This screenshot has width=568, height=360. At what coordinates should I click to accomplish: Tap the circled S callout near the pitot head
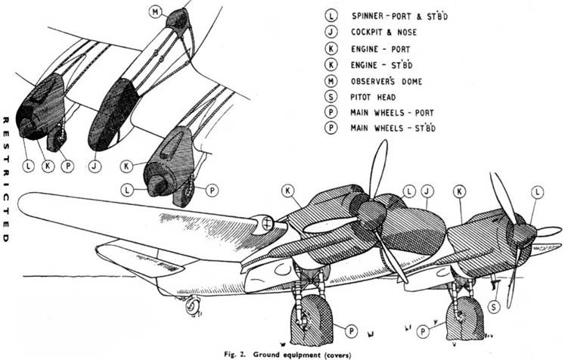tap(492, 306)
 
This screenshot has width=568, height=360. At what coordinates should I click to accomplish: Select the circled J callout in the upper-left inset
tap(95, 164)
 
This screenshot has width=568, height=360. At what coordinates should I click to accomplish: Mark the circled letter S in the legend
tap(331, 98)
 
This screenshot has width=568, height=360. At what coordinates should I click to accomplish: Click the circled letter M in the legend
tap(331, 81)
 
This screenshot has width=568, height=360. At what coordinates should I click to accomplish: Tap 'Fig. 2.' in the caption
tap(237, 353)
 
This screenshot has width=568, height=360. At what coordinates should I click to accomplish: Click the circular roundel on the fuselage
tap(266, 222)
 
